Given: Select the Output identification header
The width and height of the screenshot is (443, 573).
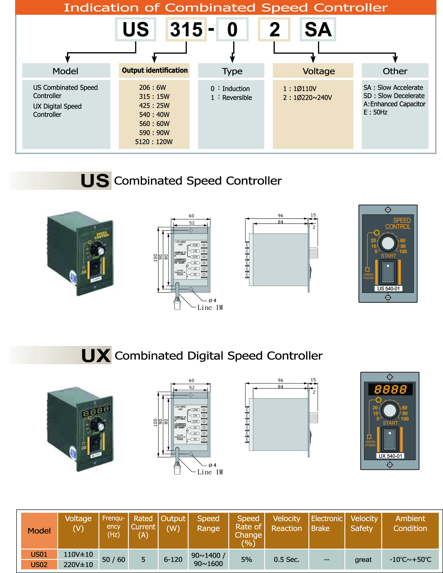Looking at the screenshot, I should tap(154, 70).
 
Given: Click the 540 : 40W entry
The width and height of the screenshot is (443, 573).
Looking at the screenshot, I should tap(154, 115).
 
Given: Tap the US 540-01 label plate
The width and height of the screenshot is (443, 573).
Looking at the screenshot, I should tap(388, 289).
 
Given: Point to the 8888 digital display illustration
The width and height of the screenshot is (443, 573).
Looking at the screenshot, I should tap(390, 389).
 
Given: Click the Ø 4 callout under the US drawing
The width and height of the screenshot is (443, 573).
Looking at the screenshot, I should tap(213, 300).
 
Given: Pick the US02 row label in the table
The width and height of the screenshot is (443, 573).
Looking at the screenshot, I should tap(39, 564).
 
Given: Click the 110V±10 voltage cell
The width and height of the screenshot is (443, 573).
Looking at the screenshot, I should tap(78, 554).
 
